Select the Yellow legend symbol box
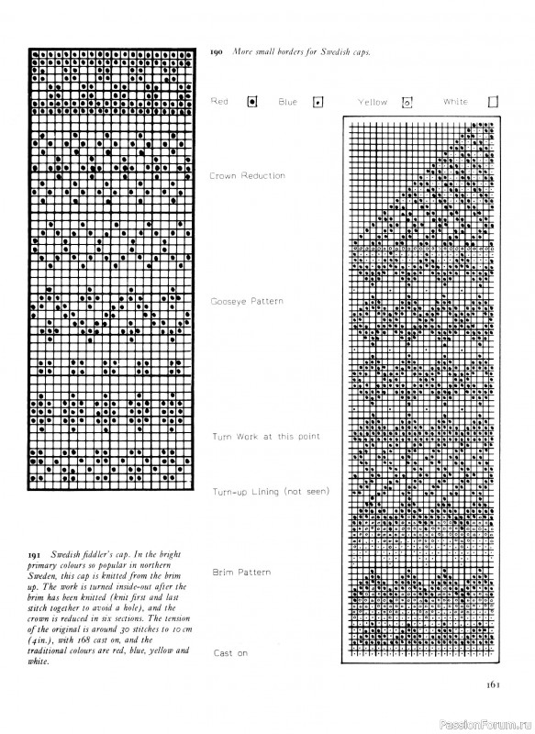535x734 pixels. tap(409, 102)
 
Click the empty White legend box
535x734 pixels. tap(493, 102)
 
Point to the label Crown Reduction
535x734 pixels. tap(247, 175)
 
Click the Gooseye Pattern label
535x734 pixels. tap(247, 301)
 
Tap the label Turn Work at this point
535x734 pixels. tap(266, 437)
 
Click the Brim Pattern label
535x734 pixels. tap(241, 573)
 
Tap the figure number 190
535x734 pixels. tap(217, 52)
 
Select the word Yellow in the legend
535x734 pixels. tap(373, 102)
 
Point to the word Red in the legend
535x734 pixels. tap(219, 101)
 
